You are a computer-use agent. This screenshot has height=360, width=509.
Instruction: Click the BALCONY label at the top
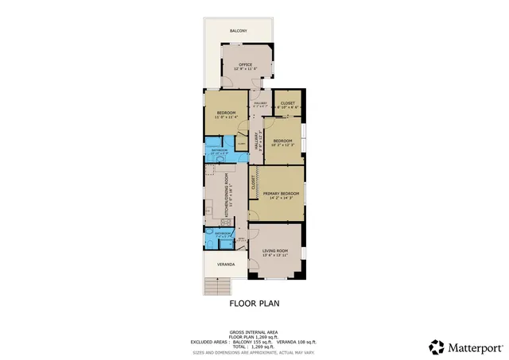pyautogui.click(x=239, y=31)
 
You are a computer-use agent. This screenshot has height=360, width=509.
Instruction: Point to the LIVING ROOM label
pyautogui.click(x=275, y=250)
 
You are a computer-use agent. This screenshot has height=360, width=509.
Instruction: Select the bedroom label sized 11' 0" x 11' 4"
pyautogui.click(x=225, y=114)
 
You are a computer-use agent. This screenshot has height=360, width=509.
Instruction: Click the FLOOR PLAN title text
pyautogui.click(x=254, y=303)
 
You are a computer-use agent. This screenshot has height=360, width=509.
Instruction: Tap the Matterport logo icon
pyautogui.click(x=437, y=346)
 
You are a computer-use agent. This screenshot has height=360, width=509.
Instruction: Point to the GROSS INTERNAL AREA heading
pyautogui.click(x=254, y=331)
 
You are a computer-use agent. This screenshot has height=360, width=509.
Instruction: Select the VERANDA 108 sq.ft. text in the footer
pyautogui.click(x=295, y=341)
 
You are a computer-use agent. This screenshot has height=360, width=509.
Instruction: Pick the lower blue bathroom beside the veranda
pyautogui.click(x=222, y=234)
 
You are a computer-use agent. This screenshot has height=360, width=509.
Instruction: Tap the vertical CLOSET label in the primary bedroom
pyautogui.click(x=254, y=183)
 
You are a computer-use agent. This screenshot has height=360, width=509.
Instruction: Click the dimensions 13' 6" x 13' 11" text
pyautogui.click(x=275, y=255)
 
